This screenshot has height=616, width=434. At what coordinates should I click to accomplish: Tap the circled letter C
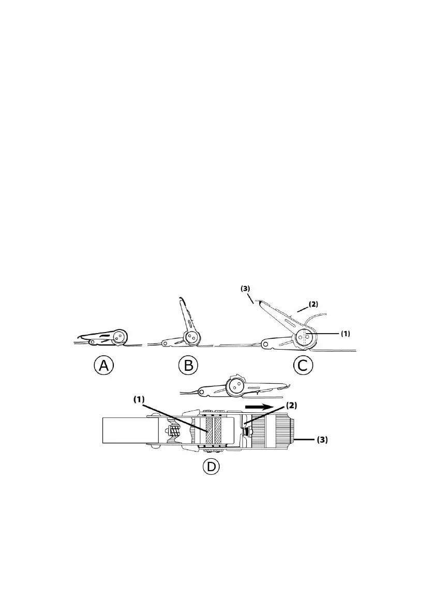[303, 365]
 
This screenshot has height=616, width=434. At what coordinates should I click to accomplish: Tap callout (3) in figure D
[322, 441]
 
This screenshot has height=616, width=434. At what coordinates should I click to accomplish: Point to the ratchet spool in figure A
[119, 336]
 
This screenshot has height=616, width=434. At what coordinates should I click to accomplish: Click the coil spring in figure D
[176, 427]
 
